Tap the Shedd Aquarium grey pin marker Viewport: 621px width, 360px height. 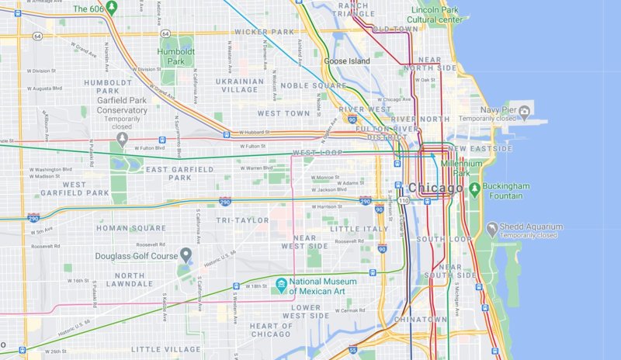coord(491,230)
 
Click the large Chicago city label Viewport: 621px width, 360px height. coord(435,187)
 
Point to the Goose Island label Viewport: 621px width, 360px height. coord(346,61)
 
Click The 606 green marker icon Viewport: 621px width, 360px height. coord(111,9)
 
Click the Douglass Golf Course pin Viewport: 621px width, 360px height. coord(186,255)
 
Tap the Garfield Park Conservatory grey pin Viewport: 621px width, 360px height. coord(122,139)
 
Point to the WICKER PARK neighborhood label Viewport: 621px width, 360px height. coord(264,32)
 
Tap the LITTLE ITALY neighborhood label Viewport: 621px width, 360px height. coord(358,229)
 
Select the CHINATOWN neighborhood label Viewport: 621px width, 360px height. coord(420,319)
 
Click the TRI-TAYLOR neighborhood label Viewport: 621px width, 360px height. coord(244,220)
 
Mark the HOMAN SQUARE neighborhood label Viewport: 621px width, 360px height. coord(130,228)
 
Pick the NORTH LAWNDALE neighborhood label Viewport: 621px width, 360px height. coord(118,280)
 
